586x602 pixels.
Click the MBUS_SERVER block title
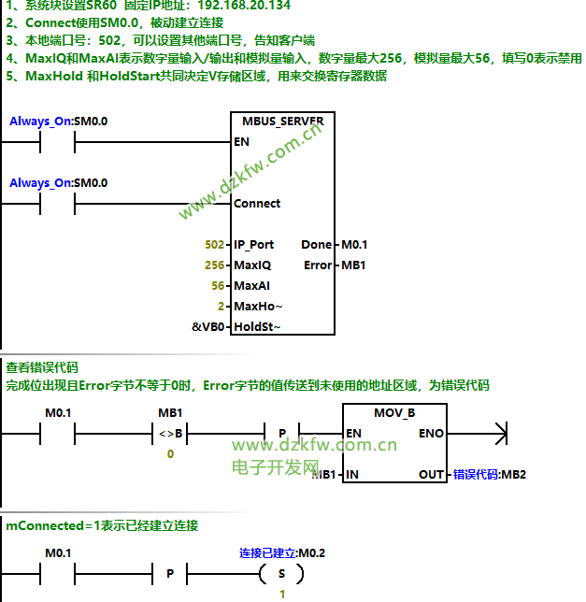282,121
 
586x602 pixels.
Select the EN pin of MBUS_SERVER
241,142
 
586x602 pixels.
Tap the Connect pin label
256,203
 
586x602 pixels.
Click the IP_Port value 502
214,245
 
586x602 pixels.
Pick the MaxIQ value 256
214,265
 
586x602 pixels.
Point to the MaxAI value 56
218,286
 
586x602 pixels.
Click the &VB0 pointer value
208,327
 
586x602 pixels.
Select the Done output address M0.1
354,245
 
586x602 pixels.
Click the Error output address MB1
353,265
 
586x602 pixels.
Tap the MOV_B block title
394,412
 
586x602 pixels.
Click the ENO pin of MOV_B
431,434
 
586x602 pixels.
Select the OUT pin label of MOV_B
431,475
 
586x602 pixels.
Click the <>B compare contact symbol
170,434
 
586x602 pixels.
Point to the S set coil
282,573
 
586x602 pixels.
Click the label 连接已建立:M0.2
282,553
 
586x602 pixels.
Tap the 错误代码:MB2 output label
490,475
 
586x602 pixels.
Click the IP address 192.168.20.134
244,6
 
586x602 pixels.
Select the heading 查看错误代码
42,367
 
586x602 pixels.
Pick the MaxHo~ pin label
257,307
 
